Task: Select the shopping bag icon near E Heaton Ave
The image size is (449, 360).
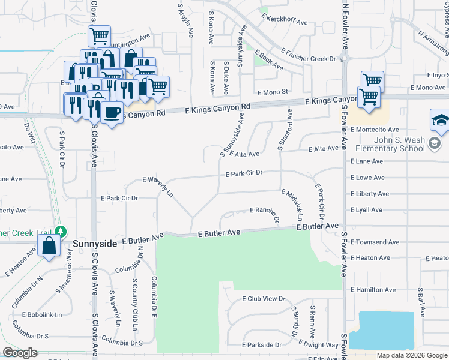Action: click(49, 245)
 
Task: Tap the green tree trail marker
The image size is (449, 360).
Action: click(60, 231)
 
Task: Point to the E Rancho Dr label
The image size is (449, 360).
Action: click(265, 210)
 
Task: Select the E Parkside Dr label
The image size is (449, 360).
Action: click(261, 345)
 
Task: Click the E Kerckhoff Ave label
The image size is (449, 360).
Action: click(285, 22)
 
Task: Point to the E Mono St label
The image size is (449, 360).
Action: click(273, 92)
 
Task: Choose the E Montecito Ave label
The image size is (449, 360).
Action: click(375, 130)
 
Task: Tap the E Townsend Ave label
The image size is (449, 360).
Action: click(375, 242)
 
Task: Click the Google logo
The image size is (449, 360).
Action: click(20, 353)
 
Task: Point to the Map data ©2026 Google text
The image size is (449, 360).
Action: click(411, 355)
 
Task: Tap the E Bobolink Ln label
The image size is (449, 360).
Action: click(42, 314)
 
